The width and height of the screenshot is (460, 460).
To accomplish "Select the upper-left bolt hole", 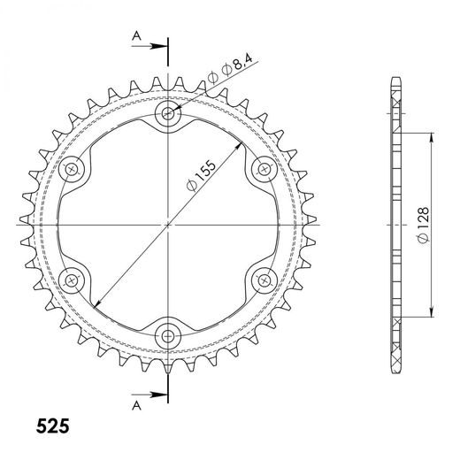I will [73, 168].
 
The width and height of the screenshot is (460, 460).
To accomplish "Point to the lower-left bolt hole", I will [73, 279].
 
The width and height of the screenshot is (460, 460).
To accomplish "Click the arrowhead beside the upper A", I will [160, 44].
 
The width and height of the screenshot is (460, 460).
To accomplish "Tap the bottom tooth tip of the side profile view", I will [395, 367].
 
